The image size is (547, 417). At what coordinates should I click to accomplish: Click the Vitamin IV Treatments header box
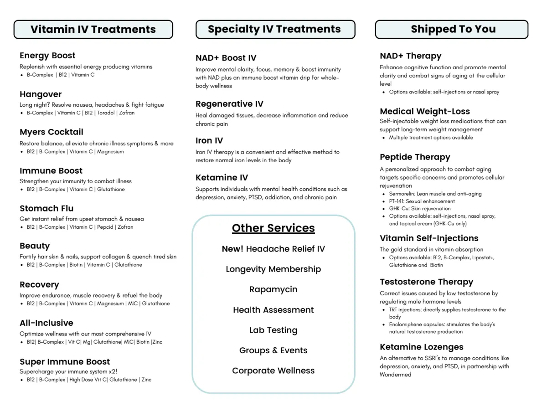point(93,29)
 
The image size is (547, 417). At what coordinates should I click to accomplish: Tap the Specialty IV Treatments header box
point(275,29)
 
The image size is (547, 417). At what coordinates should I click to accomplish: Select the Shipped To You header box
point(452,29)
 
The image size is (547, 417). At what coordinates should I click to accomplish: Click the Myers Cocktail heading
point(52,132)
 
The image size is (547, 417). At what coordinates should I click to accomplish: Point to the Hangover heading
point(41,94)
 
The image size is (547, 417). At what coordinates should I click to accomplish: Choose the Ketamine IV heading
point(222,178)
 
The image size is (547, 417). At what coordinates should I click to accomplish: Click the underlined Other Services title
point(273,228)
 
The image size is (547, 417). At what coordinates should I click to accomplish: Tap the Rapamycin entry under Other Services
point(273,289)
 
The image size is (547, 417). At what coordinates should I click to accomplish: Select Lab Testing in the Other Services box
point(273,330)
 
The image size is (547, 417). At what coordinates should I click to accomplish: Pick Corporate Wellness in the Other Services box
point(273,371)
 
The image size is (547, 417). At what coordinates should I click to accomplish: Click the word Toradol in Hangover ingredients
point(106,113)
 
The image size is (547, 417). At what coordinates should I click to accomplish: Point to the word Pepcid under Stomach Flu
point(105,227)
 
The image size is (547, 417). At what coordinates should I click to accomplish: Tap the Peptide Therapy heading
point(415,157)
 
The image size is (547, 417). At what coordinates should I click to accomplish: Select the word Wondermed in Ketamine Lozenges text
point(396,375)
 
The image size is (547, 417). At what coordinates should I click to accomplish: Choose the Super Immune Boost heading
point(65,362)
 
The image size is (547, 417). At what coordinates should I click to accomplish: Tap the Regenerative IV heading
point(229,104)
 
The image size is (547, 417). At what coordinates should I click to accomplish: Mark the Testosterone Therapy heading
point(426,282)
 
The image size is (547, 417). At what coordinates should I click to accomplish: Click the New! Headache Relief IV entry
point(273,249)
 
